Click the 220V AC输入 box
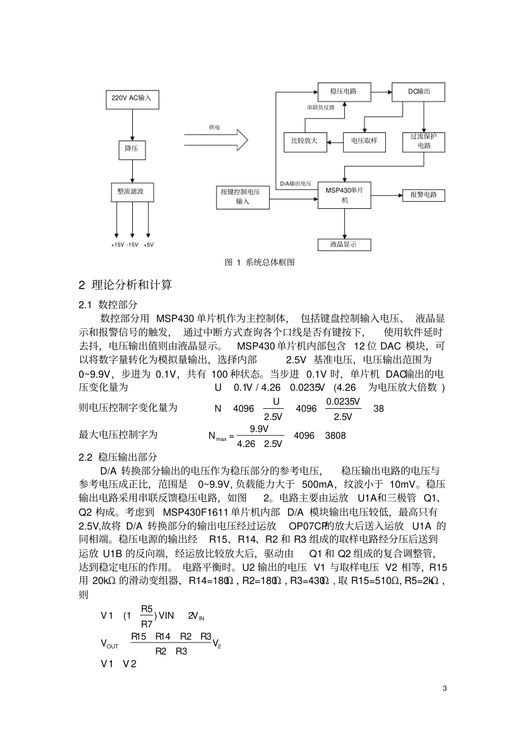coord(131,98)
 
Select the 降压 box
coord(131,149)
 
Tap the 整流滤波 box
coord(131,192)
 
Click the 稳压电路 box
coord(343,91)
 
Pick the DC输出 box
coord(418,91)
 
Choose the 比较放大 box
coord(305,141)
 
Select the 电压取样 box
coord(364,141)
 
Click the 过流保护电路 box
coord(424,141)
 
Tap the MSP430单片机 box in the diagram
coord(344,195)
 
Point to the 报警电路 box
coord(424,195)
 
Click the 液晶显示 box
coord(344,244)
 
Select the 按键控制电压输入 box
coord(243,197)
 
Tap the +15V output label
coord(117,245)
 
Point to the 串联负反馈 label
coord(321,107)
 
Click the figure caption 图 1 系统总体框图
coord(259,263)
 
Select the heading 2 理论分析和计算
coord(125,285)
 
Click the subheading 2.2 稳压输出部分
coord(118,457)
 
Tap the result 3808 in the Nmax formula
coord(335,436)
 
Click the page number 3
coord(445,689)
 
